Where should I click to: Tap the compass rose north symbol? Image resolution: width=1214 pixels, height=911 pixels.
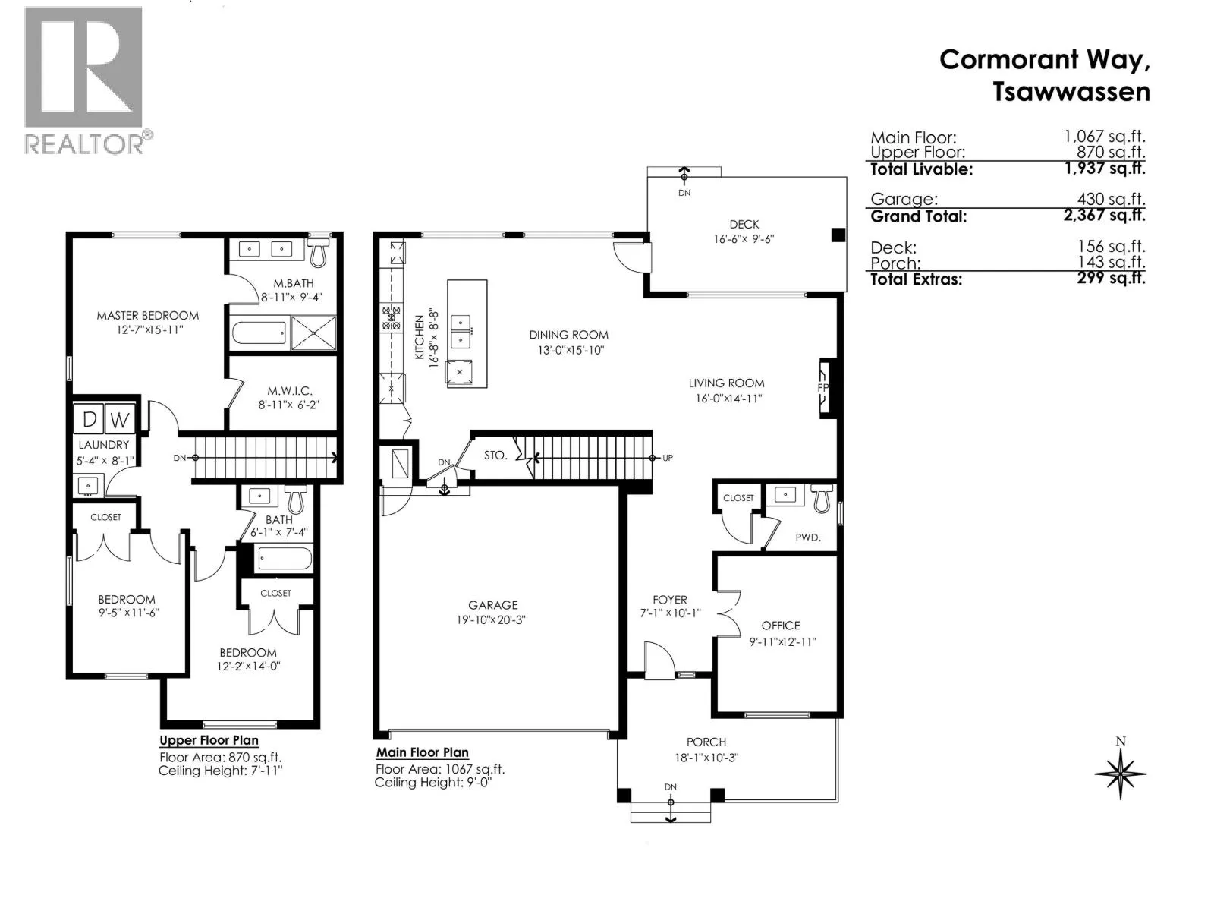tap(1120, 771)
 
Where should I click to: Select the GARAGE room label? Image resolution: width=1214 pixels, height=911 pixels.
tap(492, 605)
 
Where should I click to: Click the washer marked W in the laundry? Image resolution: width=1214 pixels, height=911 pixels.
tap(120, 420)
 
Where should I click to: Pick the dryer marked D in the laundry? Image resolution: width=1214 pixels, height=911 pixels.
tap(89, 420)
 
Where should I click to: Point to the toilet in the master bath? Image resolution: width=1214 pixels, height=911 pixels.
tap(317, 252)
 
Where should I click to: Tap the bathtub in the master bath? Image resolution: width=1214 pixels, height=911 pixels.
tap(259, 333)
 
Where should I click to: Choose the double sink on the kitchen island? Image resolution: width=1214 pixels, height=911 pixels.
tap(460, 332)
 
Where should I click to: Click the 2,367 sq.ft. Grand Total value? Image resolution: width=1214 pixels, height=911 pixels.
tap(1104, 215)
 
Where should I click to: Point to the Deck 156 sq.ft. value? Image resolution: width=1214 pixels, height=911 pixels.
tap(1111, 247)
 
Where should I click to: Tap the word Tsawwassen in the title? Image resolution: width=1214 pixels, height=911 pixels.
tap(1071, 92)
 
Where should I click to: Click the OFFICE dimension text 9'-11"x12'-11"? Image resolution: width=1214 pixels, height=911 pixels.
tap(782, 641)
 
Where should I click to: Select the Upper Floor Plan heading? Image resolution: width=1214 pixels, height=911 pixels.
tap(209, 740)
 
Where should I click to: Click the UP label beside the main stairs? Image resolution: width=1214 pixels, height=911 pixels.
tap(668, 458)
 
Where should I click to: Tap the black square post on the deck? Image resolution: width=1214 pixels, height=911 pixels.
tap(838, 235)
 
